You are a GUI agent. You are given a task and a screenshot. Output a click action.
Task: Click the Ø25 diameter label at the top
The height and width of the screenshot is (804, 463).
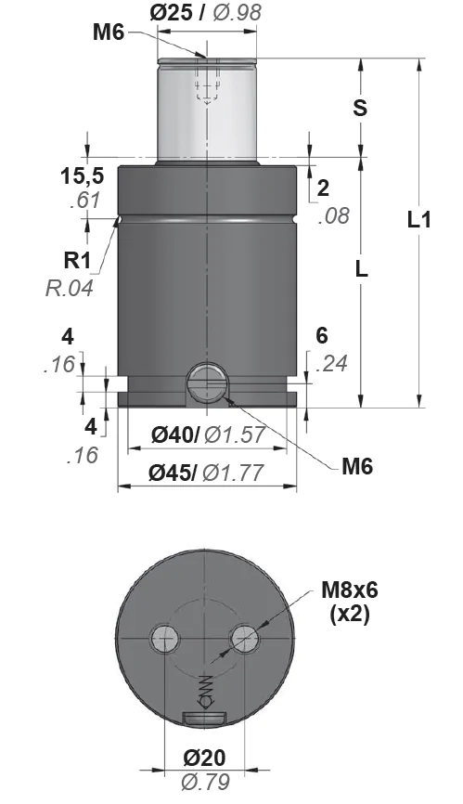[171, 12]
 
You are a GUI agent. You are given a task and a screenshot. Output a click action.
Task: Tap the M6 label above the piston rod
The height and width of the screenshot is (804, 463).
[109, 32]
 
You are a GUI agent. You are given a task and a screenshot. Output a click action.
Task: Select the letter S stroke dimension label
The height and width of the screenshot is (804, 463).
[361, 108]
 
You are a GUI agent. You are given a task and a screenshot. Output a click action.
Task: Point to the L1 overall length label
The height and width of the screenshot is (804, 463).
[419, 220]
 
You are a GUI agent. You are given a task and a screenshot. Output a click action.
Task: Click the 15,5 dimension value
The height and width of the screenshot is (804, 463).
[82, 175]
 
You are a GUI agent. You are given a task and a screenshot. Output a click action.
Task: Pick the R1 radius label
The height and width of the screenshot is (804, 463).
[77, 261]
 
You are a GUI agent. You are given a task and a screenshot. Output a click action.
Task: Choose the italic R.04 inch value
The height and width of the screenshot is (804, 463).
[70, 288]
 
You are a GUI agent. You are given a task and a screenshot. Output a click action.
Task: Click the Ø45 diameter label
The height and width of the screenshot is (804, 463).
[173, 473]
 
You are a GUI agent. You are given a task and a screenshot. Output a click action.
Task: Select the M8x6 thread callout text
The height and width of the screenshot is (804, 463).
[350, 590]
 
